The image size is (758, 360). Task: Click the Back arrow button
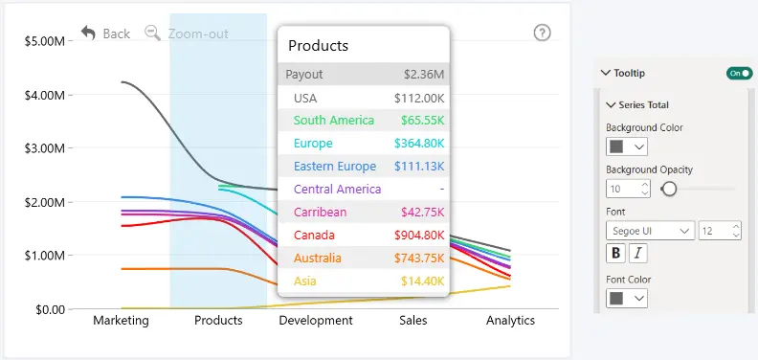[x=88, y=34]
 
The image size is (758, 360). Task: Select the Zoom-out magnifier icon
[x=153, y=34]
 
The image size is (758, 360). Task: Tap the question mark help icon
[x=542, y=33]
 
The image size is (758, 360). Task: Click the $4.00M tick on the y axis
[x=44, y=95]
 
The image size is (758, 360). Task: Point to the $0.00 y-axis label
[x=51, y=309]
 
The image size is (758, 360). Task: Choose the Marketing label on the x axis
[x=121, y=321]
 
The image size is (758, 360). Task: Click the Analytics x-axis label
[x=510, y=321]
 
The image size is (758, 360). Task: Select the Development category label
[x=316, y=321]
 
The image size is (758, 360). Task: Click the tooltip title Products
[x=318, y=46]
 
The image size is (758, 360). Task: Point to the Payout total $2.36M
[x=424, y=75]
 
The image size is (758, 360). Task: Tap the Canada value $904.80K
[x=419, y=236]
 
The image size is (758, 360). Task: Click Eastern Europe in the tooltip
[x=335, y=166]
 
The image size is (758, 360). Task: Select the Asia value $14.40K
[x=422, y=281]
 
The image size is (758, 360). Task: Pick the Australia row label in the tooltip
[x=317, y=258]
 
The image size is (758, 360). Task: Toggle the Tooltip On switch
[x=740, y=73]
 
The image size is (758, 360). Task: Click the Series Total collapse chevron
[x=611, y=104]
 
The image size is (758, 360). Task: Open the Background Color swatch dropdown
[x=627, y=146]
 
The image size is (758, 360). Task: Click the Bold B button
[x=616, y=253]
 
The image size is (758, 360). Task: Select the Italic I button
[x=638, y=253]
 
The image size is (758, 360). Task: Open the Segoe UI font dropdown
[x=650, y=231]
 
